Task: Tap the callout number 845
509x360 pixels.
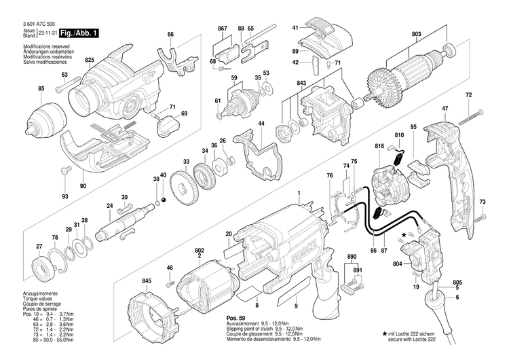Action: tap(147, 281)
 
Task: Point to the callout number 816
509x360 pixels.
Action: tap(379, 146)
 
